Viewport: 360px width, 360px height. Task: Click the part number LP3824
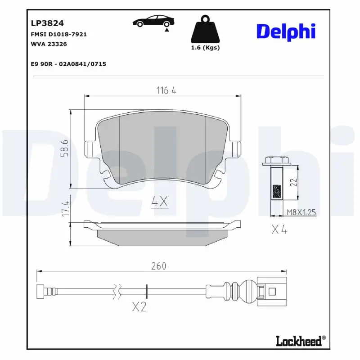tap(47, 22)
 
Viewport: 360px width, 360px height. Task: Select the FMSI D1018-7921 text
tap(58, 34)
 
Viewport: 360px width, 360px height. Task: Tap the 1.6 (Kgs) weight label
tap(205, 48)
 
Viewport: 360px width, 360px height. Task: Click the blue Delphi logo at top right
tap(286, 31)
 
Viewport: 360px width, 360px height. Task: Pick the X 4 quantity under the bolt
tap(279, 230)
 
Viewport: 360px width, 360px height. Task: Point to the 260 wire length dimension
tap(158, 266)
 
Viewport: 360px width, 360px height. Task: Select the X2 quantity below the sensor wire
tap(139, 307)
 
